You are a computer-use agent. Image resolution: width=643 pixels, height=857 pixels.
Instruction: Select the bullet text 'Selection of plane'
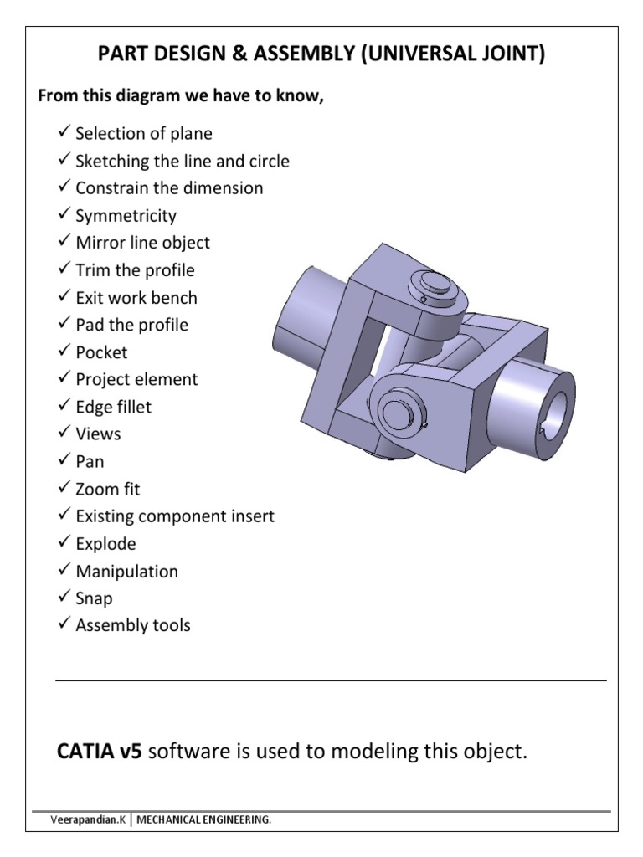[143, 134]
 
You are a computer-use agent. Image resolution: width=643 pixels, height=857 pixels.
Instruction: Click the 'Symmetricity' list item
[126, 216]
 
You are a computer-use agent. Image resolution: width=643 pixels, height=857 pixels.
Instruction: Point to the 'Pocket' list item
[101, 352]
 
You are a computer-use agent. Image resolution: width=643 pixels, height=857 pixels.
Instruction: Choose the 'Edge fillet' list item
[114, 407]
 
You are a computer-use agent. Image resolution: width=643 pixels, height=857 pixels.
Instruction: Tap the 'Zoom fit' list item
[108, 489]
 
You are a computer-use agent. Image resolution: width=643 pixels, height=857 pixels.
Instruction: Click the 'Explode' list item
[105, 544]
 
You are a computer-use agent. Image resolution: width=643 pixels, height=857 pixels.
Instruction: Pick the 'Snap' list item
[94, 598]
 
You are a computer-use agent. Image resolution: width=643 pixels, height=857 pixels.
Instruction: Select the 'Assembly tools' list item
[132, 625]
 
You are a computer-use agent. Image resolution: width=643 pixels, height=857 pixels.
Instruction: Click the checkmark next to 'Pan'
[64, 460]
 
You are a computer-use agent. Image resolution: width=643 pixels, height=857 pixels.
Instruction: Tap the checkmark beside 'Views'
[64, 433]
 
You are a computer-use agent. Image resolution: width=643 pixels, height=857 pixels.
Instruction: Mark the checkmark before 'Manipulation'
[64, 571]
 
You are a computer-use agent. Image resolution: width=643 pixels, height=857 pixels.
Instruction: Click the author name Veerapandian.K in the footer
[86, 820]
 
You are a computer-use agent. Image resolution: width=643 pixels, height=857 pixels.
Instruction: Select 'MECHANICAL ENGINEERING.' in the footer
[209, 820]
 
